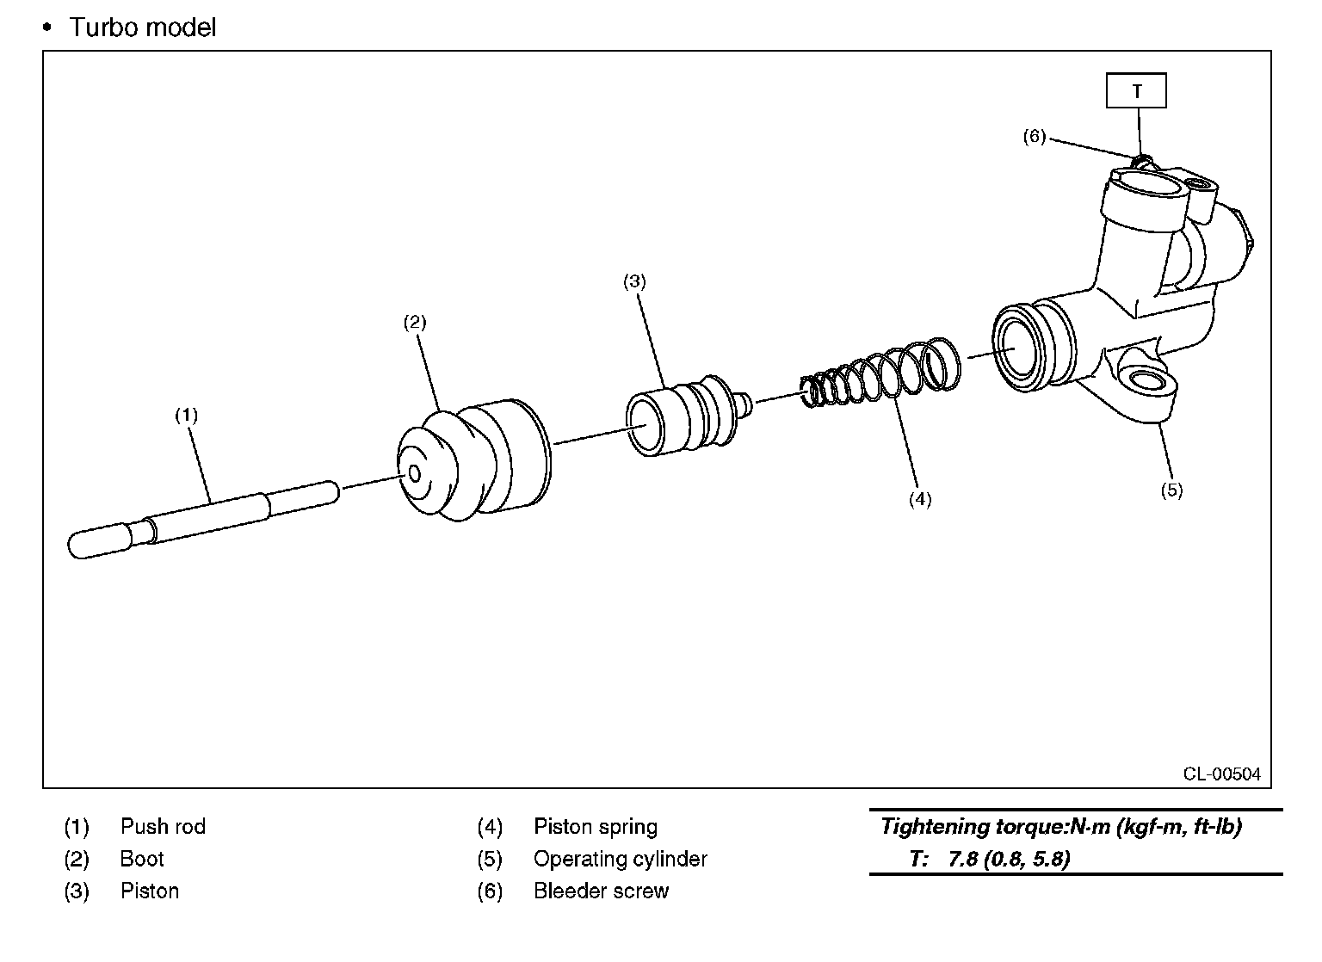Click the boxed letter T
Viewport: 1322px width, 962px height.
coord(1136,91)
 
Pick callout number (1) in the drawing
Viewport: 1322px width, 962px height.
coord(187,416)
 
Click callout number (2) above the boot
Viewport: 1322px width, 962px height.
coord(415,323)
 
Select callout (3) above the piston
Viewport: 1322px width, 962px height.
coord(634,281)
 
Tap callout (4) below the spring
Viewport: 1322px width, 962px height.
coord(920,499)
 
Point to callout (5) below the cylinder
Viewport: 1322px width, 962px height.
coord(1171,490)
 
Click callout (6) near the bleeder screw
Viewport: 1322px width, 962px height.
coord(1034,136)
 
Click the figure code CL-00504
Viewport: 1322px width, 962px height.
coord(1221,774)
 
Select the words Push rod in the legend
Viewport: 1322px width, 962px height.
coord(163,827)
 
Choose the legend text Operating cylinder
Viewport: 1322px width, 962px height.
coord(620,859)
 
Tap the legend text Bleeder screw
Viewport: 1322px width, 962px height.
coord(601,891)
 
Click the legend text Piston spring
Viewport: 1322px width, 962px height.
coord(595,827)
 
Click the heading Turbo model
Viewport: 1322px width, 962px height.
coord(142,28)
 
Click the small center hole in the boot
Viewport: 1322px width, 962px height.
coord(413,474)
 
